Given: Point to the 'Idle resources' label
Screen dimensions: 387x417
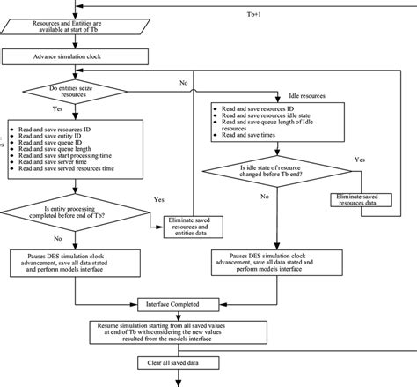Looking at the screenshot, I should tap(307, 93).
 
